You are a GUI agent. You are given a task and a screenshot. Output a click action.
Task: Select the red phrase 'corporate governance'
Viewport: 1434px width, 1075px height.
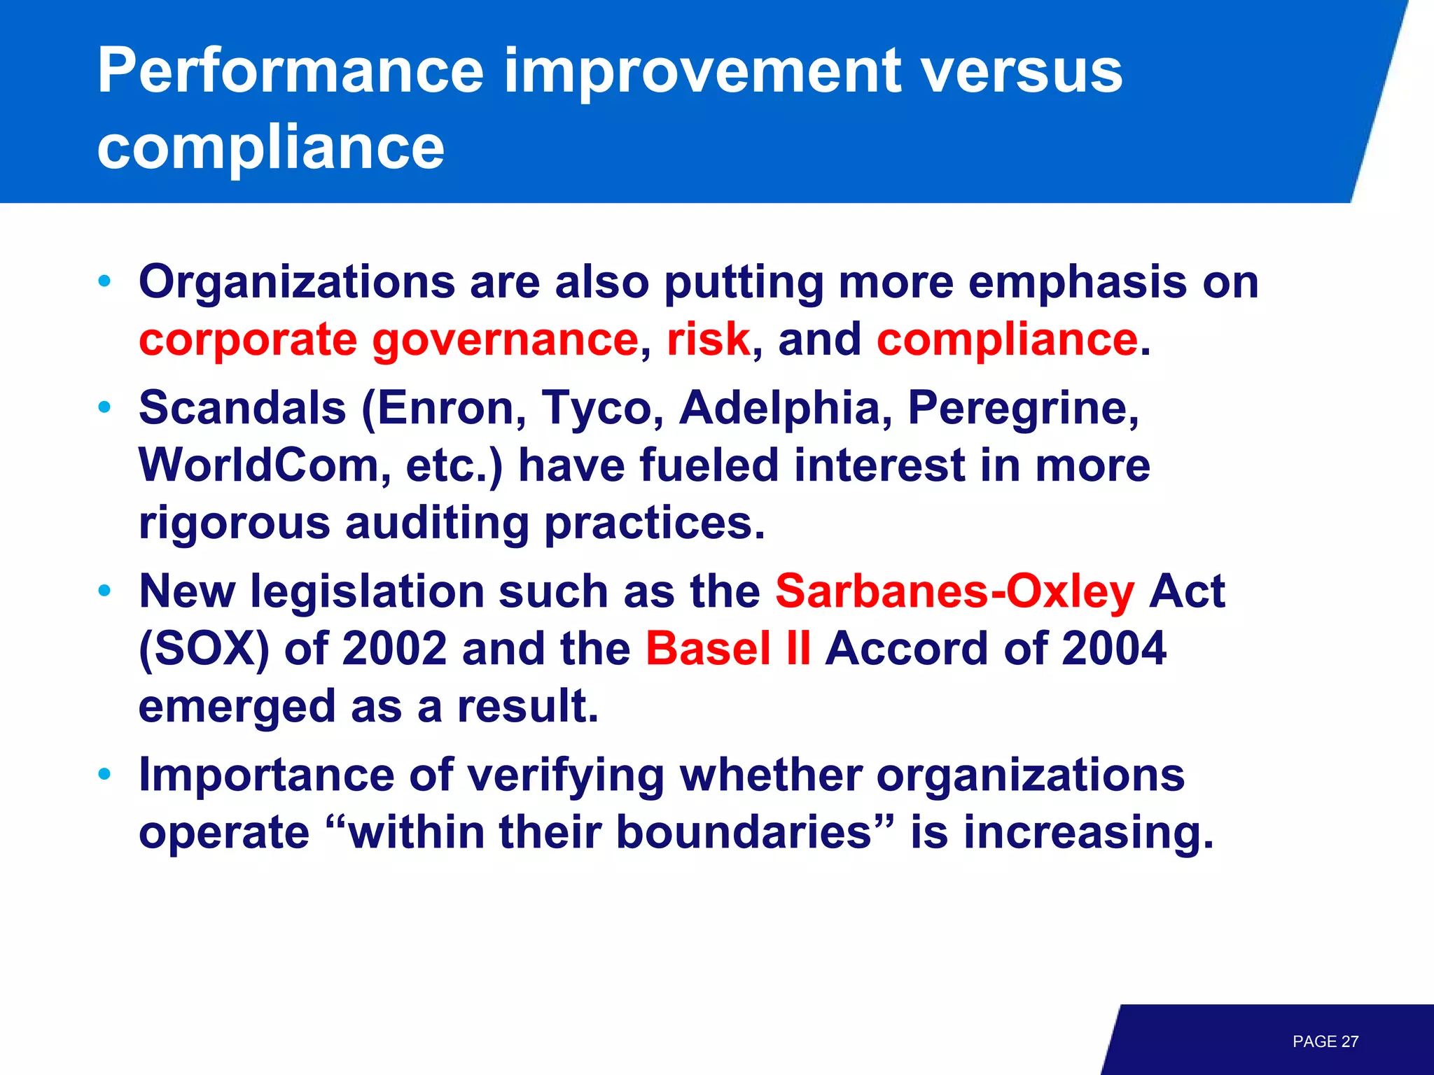389,340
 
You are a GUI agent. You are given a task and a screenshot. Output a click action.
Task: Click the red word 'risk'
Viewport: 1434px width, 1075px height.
708,340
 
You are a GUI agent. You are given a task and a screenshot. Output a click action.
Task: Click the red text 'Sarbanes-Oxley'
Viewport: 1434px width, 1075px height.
954,592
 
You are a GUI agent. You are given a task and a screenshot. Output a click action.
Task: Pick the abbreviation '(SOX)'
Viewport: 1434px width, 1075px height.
204,649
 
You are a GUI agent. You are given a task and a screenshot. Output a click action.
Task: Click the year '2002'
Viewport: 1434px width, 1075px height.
395,649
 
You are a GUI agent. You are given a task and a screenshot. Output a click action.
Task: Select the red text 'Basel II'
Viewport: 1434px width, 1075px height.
728,649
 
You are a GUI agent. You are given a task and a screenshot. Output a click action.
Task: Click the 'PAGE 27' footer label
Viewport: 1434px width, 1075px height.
1325,1041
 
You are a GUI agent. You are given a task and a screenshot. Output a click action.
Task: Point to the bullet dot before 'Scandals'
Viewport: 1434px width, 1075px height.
105,407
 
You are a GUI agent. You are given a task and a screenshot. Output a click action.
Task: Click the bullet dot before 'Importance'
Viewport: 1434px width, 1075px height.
105,775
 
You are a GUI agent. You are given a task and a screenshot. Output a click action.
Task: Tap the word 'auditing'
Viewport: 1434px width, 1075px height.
437,524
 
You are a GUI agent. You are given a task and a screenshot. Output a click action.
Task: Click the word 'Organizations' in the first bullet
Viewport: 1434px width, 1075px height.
297,283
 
